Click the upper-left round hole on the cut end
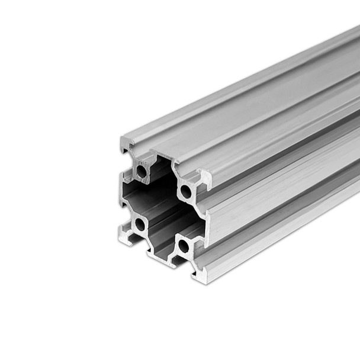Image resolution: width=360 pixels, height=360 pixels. coord(141,172)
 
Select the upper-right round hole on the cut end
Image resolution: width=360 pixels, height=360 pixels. coord(185,191)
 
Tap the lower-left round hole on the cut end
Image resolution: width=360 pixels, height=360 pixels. coord(140,224)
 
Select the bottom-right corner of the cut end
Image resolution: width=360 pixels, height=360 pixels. coord(199,277)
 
